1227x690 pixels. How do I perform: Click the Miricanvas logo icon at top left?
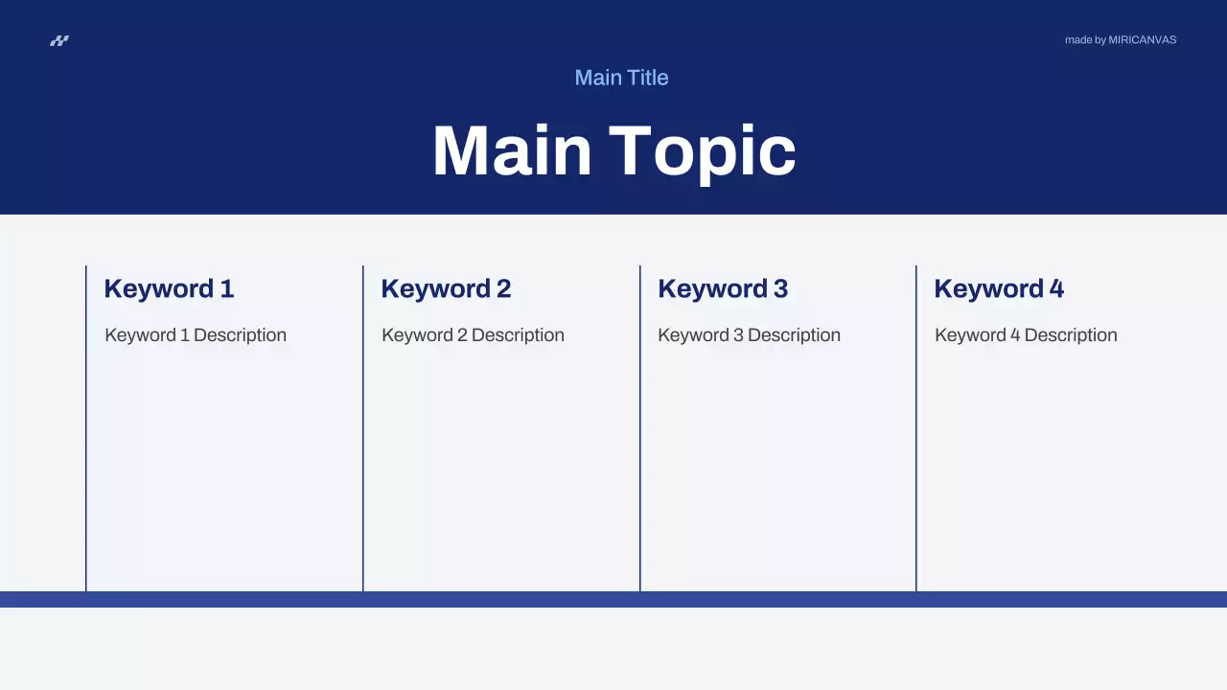[59, 40]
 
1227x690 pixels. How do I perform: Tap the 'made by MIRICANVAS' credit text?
[1120, 40]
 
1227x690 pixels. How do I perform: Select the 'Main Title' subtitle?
[621, 78]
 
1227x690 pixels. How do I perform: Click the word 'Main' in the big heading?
[512, 151]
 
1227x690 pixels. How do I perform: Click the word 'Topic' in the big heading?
[703, 151]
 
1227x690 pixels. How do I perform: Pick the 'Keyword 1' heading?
[169, 288]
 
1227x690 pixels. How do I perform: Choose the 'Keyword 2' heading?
[446, 288]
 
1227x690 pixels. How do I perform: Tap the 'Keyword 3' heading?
[723, 288]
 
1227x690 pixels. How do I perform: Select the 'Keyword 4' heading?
[999, 288]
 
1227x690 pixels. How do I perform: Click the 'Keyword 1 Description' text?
[196, 335]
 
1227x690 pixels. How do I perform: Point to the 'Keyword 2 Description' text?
[473, 335]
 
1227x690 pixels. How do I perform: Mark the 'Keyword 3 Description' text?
[749, 335]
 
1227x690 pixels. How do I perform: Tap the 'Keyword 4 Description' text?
[1026, 335]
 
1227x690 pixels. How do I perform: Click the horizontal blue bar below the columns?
[613, 599]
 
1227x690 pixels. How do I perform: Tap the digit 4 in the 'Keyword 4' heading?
[1056, 288]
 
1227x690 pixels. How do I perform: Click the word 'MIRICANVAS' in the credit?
[1142, 40]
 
